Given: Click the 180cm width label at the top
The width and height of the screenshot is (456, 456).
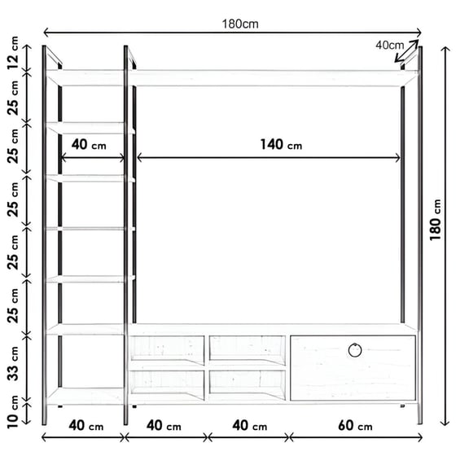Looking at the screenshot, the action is (x=240, y=24).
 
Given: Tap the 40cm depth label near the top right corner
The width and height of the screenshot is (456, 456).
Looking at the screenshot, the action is (x=390, y=45).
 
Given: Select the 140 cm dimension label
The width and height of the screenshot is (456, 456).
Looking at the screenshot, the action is (x=281, y=145).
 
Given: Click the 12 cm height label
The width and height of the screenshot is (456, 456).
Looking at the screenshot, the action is (x=13, y=53).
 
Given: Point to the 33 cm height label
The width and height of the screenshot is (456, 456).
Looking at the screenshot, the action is (x=13, y=363).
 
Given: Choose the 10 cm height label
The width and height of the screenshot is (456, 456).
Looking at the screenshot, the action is (x=13, y=412).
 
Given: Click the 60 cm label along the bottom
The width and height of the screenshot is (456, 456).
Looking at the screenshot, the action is (x=355, y=426).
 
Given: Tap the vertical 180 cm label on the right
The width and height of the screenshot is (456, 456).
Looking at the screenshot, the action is (x=436, y=220).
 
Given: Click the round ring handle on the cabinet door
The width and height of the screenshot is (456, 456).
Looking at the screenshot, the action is (x=355, y=350).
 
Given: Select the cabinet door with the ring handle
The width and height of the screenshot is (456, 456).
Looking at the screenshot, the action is (x=353, y=368).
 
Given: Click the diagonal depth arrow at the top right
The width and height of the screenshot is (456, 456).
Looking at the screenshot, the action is (x=406, y=51).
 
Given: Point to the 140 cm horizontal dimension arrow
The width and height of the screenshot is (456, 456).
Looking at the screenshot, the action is (x=268, y=158).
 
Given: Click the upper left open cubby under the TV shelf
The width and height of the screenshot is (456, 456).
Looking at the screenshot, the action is (x=167, y=350).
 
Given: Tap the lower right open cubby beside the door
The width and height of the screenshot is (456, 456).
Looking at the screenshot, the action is (x=248, y=385).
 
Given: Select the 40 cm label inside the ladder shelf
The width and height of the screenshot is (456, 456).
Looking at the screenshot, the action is (x=89, y=145).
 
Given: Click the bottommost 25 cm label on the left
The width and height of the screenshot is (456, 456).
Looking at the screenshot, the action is (x=13, y=306).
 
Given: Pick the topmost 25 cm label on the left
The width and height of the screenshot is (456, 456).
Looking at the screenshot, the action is (x=13, y=98).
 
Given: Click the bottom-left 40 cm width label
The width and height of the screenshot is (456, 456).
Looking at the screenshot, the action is (x=86, y=426).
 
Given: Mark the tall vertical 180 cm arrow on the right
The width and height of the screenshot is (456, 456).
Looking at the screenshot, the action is (x=445, y=236).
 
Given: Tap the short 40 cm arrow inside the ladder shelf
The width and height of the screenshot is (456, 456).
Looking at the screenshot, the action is (x=93, y=158).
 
